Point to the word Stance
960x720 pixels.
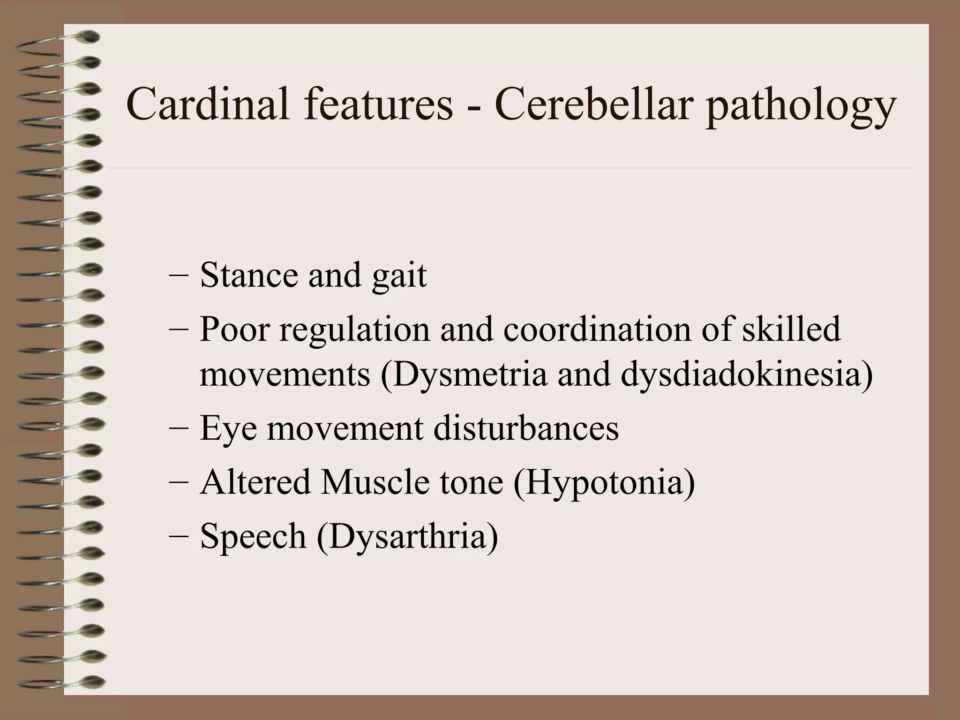coord(248,275)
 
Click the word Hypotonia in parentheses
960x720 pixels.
coord(604,483)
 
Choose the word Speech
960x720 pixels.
coord(253,537)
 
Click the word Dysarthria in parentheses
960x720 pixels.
coord(407,537)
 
